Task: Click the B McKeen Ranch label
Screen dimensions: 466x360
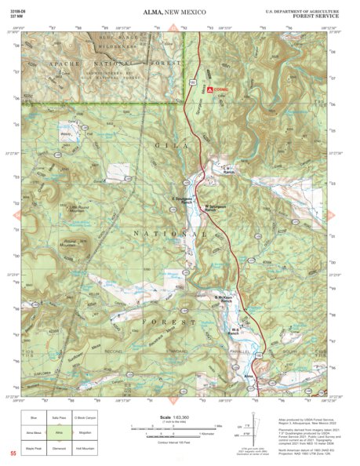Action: (x=226, y=299)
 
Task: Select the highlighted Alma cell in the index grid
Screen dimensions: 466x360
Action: (x=59, y=431)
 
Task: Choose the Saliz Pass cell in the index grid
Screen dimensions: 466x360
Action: (x=59, y=417)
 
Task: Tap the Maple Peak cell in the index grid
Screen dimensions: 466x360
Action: (x=34, y=444)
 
